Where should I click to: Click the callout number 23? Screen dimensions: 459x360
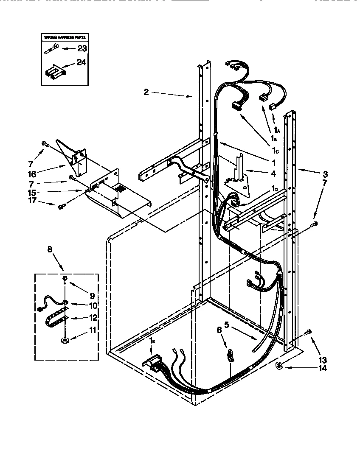coord(82,48)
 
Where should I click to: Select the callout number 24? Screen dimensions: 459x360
coord(82,62)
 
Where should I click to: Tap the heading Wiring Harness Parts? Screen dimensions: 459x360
coord(62,38)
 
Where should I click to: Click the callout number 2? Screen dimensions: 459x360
coord(146,92)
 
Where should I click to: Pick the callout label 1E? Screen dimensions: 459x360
coord(152,341)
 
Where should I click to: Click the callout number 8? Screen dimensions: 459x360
coord(50,249)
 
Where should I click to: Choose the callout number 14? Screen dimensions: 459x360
coord(323,368)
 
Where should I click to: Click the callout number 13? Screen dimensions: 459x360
coord(323,361)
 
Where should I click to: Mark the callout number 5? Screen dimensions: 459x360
coord(227,326)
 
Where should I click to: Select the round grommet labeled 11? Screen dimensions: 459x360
coord(65,341)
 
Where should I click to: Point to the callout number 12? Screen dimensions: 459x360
coord(93,317)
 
